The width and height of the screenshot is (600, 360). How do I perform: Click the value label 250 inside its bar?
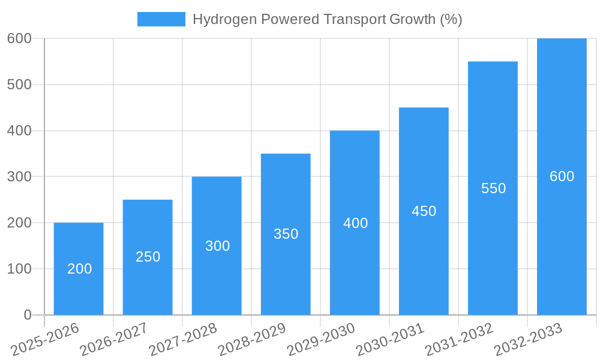tap(148, 257)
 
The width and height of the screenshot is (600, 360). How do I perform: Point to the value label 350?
tap(286, 234)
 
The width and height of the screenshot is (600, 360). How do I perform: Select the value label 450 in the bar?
tap(424, 211)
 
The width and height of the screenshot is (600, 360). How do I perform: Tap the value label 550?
tap(493, 188)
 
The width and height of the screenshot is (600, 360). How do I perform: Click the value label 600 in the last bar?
tap(562, 176)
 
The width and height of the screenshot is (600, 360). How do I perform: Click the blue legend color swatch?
tap(161, 19)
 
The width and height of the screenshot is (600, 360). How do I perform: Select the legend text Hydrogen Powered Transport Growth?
tap(327, 19)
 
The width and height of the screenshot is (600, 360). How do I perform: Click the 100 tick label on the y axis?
tap(19, 269)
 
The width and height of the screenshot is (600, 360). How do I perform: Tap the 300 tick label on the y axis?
tap(19, 176)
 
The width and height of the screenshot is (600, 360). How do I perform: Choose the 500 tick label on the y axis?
tap(19, 85)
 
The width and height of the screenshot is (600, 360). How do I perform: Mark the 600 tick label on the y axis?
tap(19, 38)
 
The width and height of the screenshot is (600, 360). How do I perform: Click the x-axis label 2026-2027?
tap(115, 340)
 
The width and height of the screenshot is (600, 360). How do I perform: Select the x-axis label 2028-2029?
tap(253, 340)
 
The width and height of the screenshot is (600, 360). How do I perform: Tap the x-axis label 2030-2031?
tap(391, 340)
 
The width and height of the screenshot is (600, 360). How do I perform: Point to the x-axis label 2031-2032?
tap(460, 340)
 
